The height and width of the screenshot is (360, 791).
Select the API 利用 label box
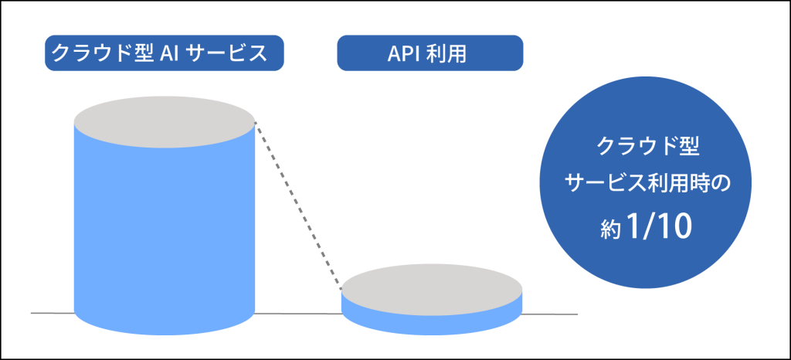click(429, 53)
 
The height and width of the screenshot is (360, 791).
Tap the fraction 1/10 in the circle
click(657, 229)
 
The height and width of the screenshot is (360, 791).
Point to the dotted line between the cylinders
click(298, 205)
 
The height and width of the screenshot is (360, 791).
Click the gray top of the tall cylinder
click(164, 121)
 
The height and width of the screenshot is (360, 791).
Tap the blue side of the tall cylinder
click(164, 237)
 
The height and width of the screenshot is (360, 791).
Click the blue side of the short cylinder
click(431, 323)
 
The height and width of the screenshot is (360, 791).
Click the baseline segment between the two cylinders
click(298, 314)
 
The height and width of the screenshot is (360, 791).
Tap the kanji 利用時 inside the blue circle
click(675, 184)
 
